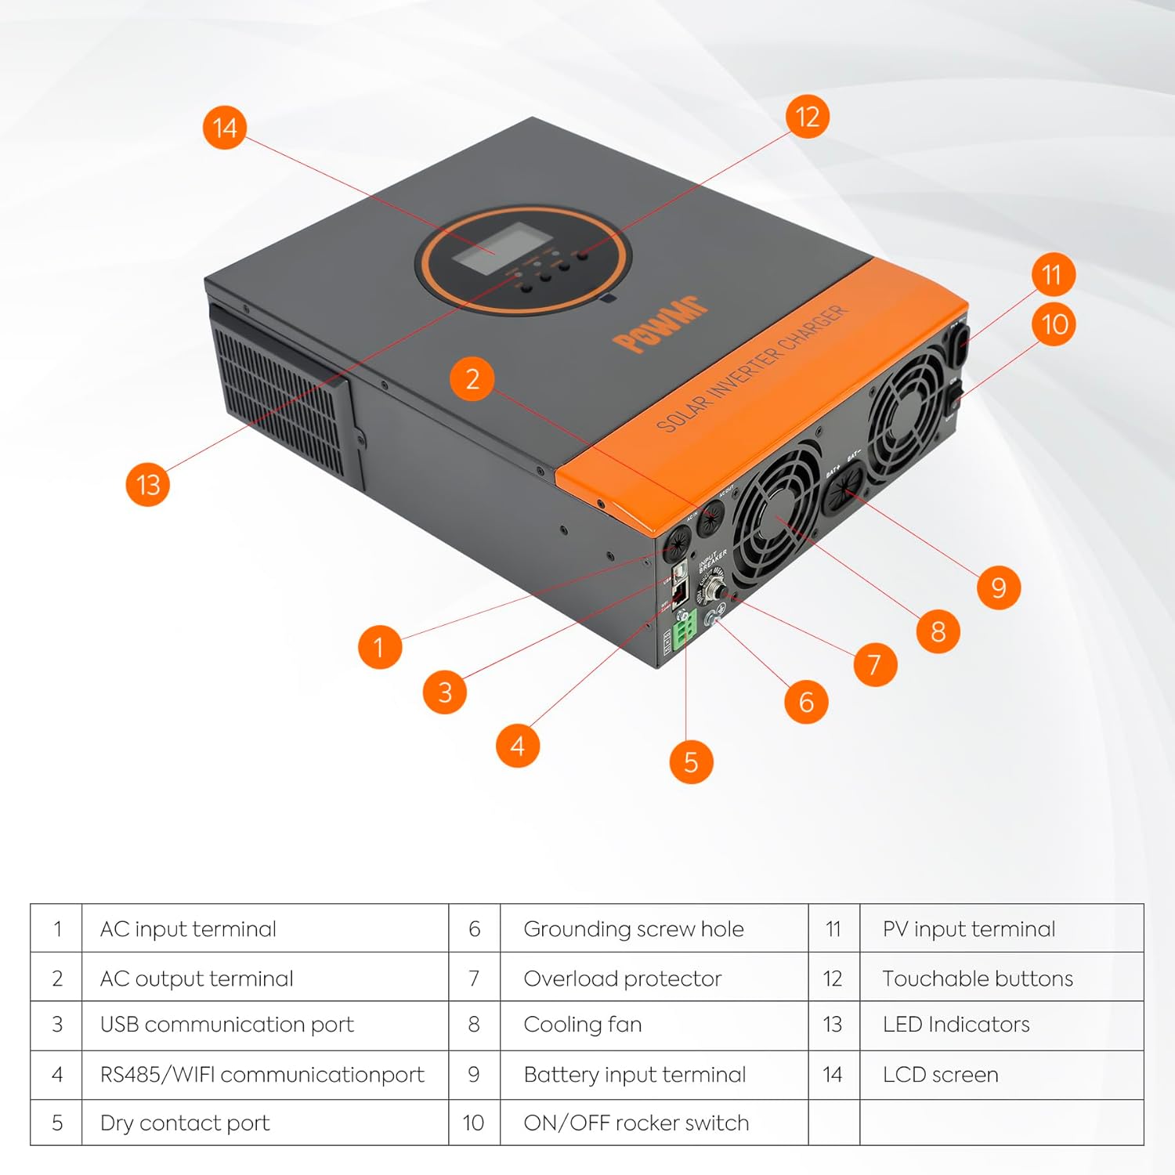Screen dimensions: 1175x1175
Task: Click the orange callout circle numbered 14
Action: (224, 128)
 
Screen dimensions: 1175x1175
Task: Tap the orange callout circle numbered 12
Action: (807, 117)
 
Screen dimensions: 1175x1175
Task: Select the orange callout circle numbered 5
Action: (691, 761)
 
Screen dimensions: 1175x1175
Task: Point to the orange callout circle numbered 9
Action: (998, 587)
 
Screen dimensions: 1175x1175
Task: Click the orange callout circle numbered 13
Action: (148, 484)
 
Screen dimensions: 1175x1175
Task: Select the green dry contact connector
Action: (684, 627)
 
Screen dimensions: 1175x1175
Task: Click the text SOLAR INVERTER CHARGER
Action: (751, 367)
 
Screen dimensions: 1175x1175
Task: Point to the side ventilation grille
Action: (278, 399)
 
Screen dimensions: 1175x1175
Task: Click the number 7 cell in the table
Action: (474, 978)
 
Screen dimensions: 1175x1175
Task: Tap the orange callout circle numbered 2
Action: (472, 379)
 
